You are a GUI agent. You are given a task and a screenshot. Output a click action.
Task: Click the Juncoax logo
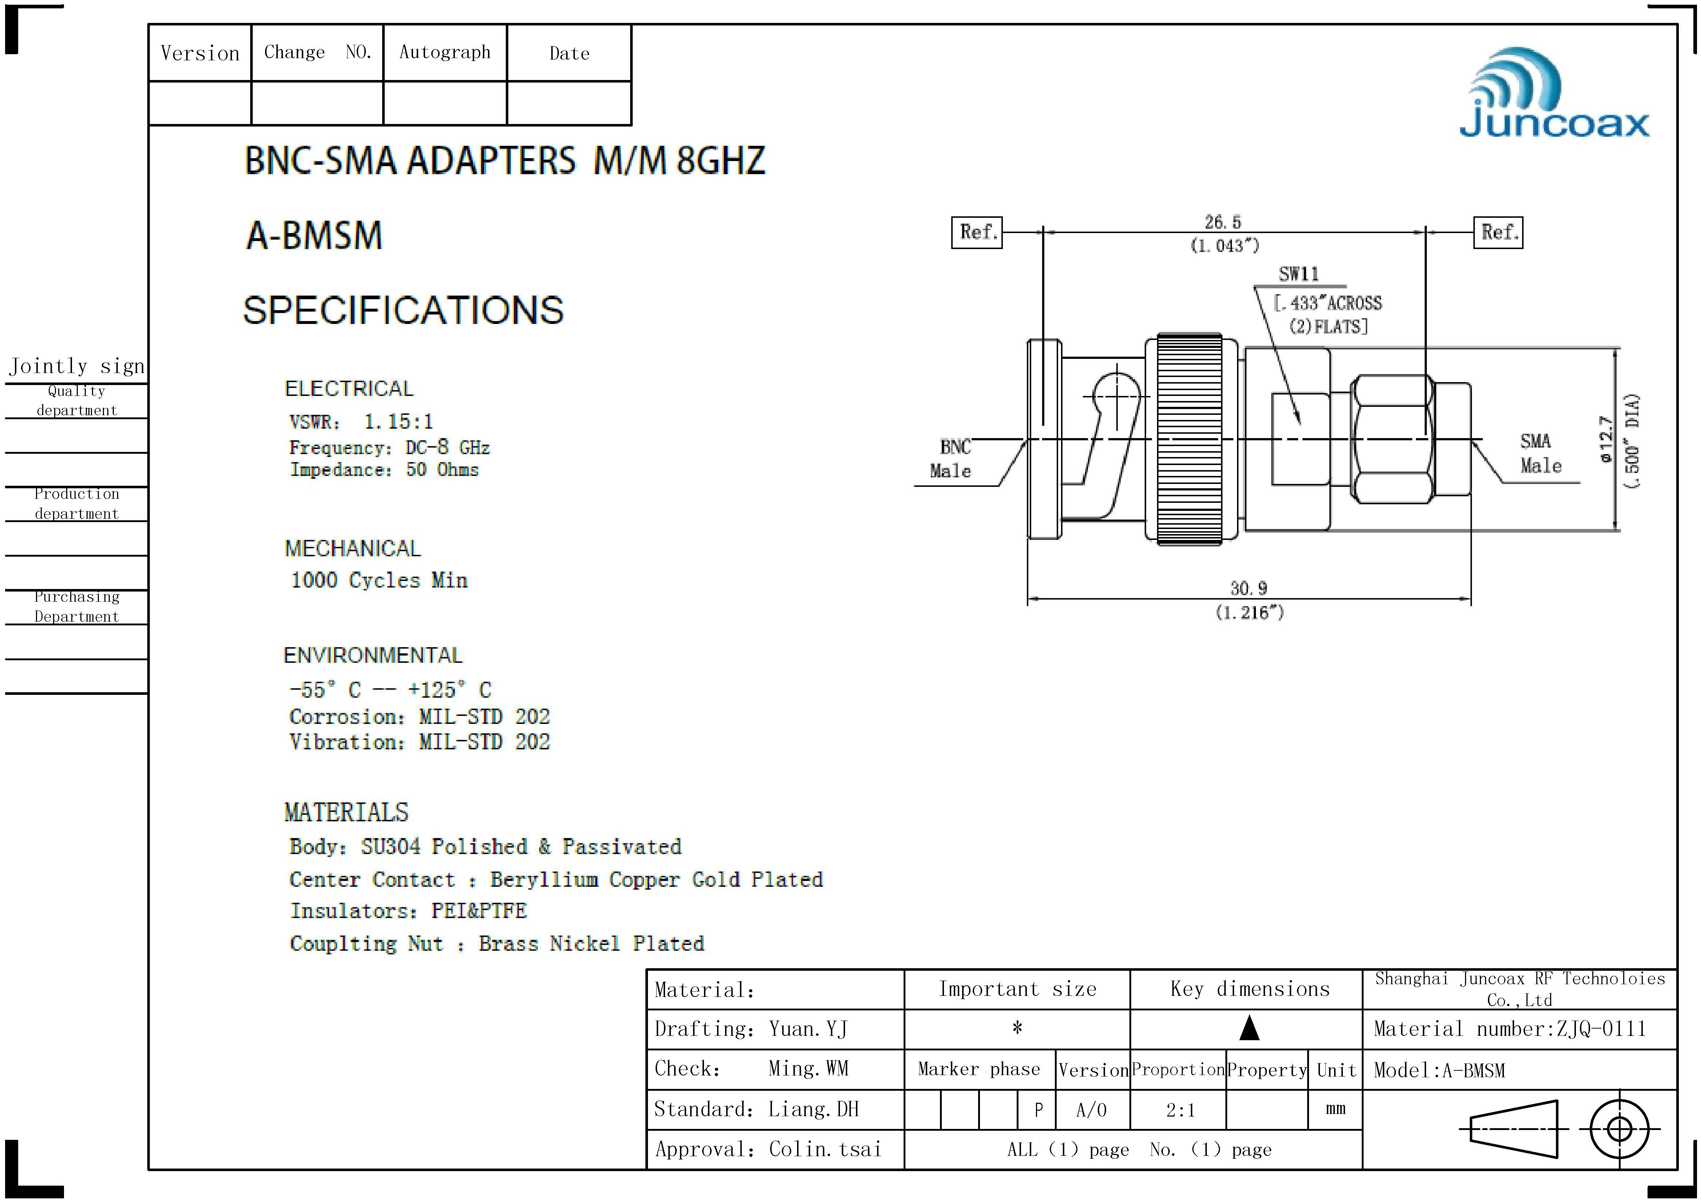point(1554,95)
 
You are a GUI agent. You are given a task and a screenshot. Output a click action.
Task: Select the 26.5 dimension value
point(1222,222)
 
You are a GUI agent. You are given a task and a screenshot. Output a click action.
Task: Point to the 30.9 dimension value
point(1249,589)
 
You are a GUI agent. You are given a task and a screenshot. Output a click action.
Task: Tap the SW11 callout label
point(1299,274)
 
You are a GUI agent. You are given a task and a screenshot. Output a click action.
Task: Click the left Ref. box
point(976,233)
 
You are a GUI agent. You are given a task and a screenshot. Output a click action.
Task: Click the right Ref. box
point(1498,233)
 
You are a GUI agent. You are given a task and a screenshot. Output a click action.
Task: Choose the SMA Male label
point(1540,453)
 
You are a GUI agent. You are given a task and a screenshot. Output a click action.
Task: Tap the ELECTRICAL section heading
point(349,389)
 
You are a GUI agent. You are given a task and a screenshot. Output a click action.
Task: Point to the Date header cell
point(569,53)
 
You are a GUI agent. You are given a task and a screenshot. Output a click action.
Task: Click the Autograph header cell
point(444,53)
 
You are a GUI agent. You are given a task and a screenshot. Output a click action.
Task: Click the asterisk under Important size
point(1017,1028)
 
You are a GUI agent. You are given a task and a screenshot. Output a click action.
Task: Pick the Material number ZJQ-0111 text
point(1510,1029)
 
